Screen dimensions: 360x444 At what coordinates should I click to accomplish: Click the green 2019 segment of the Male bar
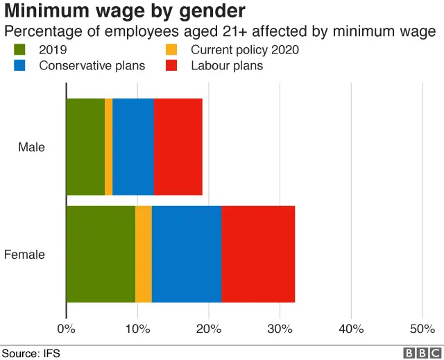point(85,146)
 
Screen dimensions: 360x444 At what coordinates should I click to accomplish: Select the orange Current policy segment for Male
point(109,146)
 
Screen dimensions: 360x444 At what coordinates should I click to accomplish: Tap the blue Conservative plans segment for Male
point(133,146)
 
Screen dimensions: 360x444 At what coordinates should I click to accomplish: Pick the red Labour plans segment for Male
point(178,146)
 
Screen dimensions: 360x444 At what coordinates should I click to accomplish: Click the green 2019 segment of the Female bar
point(101,254)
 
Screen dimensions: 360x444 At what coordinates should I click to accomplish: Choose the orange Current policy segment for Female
point(144,254)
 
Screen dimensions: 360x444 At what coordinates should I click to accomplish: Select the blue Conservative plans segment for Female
point(187,254)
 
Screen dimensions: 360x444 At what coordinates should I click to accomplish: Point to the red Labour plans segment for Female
point(258,254)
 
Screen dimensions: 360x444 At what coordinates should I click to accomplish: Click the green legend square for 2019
point(19,50)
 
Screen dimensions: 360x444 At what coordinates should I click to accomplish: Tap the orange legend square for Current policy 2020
point(171,50)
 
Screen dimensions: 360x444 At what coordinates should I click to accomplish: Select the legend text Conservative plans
point(92,66)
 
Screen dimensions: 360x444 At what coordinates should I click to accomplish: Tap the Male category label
point(31,147)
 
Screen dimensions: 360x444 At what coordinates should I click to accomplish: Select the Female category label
point(25,255)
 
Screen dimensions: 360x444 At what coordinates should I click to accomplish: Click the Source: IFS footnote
point(31,353)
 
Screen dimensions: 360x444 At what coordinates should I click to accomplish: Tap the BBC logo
point(418,353)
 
